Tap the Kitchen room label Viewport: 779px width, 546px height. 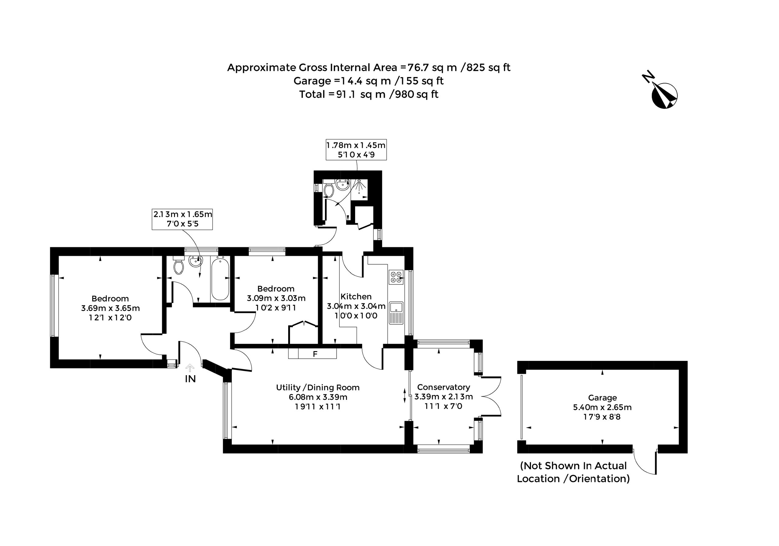[356, 296]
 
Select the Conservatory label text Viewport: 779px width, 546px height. [443, 387]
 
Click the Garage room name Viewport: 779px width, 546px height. [602, 398]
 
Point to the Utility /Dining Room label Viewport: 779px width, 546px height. [318, 387]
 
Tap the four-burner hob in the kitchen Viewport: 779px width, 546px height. [396, 277]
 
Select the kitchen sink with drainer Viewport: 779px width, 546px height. [396, 313]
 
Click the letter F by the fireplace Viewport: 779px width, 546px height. [315, 354]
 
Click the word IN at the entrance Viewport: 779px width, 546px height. [190, 379]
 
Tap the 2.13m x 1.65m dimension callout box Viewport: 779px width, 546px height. [182, 219]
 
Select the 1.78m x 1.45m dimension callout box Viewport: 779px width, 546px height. [356, 150]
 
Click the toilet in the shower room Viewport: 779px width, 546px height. [328, 189]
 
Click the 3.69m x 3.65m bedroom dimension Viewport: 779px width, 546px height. [110, 308]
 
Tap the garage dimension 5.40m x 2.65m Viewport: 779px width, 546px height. [602, 407]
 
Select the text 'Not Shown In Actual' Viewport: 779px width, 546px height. [573, 466]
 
